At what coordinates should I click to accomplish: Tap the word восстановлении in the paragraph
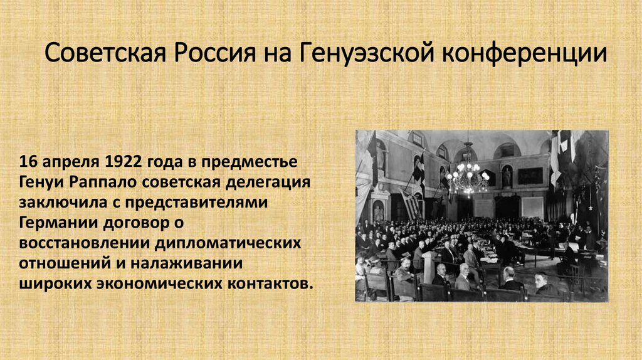(x=75, y=242)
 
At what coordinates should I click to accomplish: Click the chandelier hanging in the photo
(x=467, y=174)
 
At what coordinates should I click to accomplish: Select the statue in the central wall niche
(x=507, y=177)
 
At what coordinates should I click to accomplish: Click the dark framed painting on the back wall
(x=530, y=176)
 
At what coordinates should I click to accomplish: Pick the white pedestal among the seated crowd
(x=429, y=267)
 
